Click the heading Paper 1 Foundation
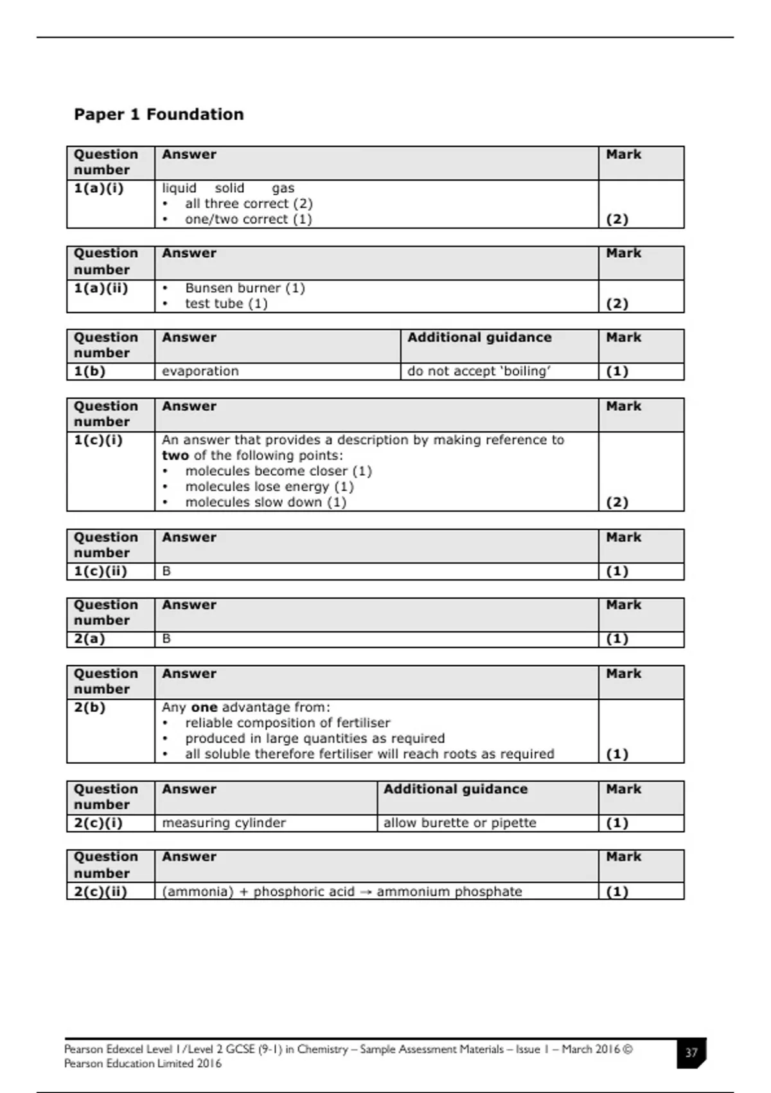click(x=159, y=114)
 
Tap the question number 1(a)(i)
click(x=98, y=188)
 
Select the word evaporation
click(x=200, y=371)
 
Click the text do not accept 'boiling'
click(x=479, y=371)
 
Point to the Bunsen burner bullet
click(x=244, y=288)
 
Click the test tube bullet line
click(x=226, y=303)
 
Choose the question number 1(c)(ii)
click(x=100, y=571)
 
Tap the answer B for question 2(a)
click(x=166, y=638)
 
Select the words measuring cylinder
click(x=224, y=823)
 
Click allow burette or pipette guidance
click(x=459, y=823)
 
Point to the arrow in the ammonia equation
click(x=365, y=892)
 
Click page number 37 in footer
click(x=691, y=1053)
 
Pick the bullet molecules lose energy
click(x=269, y=487)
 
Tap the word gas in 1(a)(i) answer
click(x=283, y=188)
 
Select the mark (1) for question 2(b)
click(x=617, y=754)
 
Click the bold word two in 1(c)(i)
click(x=175, y=456)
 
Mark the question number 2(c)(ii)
click(x=100, y=892)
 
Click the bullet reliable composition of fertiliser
click(x=287, y=723)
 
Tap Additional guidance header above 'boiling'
click(x=479, y=338)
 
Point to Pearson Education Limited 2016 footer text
click(x=143, y=1063)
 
